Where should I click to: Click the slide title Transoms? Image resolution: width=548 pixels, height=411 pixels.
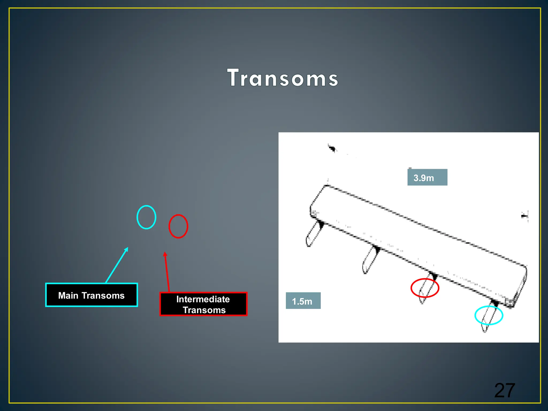283,78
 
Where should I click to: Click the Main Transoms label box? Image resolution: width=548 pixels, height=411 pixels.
92,295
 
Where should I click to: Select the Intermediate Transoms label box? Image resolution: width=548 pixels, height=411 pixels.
203,304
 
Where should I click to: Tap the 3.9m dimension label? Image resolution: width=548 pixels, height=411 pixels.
427,177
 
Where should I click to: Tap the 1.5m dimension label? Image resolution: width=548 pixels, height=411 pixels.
303,301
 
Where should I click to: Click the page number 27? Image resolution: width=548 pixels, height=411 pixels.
504,390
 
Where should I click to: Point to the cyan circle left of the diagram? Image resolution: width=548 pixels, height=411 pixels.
146,217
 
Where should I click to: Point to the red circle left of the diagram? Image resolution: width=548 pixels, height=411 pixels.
178,226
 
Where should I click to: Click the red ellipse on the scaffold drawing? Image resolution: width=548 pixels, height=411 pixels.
425,288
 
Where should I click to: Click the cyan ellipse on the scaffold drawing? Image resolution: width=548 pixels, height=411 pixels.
489,315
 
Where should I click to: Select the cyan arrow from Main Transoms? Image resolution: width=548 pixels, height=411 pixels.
117,265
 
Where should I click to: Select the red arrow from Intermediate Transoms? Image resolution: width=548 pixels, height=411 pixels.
167,272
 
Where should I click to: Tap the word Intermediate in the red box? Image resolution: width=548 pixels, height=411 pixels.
203,299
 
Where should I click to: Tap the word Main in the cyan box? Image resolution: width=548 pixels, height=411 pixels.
68,295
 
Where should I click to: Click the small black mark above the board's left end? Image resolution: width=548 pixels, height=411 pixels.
332,148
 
